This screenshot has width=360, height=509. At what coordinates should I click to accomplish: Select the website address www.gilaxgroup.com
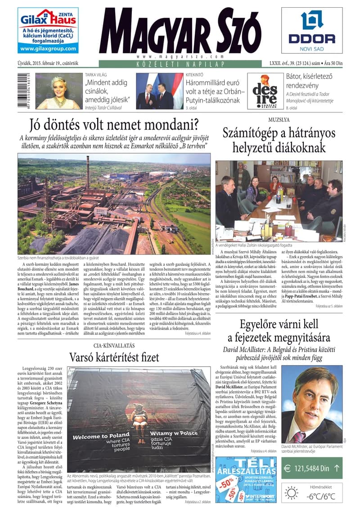pyautogui.click(x=48, y=49)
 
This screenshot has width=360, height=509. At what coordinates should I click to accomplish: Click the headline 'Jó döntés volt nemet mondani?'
pyautogui.click(x=114, y=124)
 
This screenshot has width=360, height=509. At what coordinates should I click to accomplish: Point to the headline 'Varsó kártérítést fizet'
pyautogui.click(x=114, y=357)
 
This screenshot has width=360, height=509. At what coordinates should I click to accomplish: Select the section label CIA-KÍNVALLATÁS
pyautogui.click(x=114, y=345)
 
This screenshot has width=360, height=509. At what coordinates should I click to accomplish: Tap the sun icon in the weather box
pyautogui.click(x=291, y=493)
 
